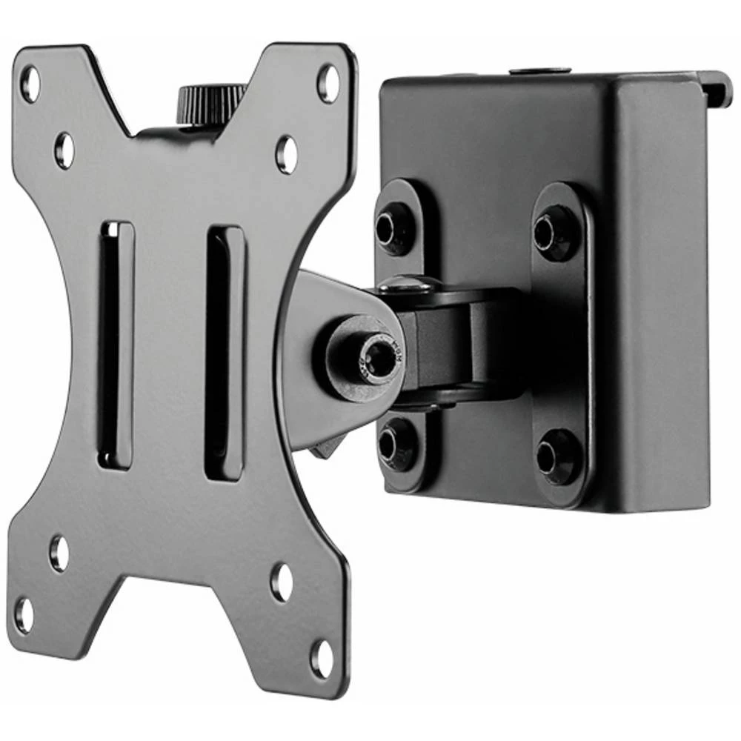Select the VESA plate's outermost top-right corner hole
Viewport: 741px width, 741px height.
click(x=328, y=82)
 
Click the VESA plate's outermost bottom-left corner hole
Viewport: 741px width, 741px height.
click(x=24, y=614)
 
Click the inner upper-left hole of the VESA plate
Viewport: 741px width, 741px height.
click(x=64, y=150)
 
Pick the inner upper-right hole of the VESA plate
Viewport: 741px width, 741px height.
click(x=286, y=154)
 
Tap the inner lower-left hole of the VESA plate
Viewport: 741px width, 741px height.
click(x=59, y=553)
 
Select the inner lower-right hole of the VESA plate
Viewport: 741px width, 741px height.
click(x=282, y=582)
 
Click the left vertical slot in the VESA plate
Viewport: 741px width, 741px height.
click(x=116, y=345)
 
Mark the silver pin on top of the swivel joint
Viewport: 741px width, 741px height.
click(x=407, y=282)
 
